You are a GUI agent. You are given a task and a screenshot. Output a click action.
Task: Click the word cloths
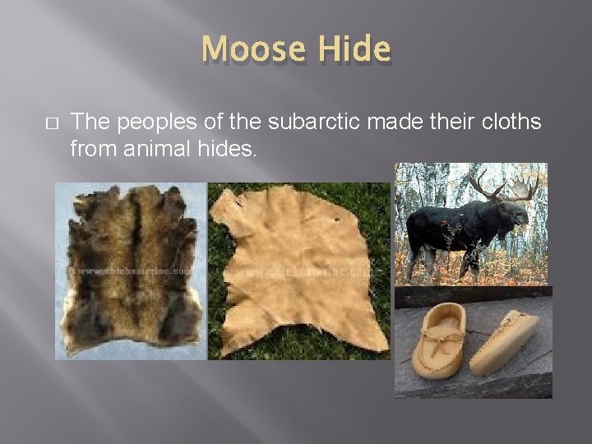coord(511,122)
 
